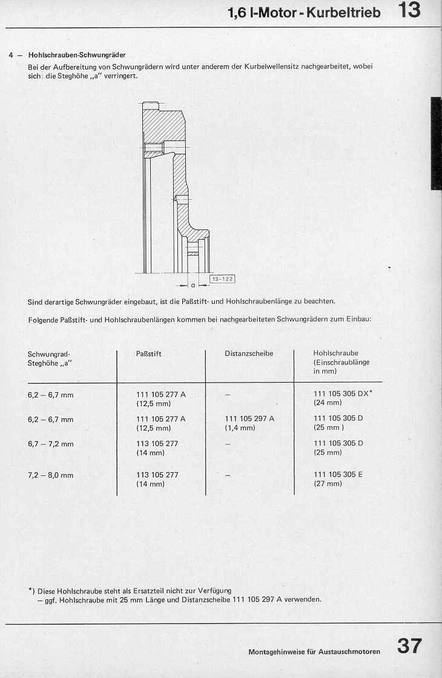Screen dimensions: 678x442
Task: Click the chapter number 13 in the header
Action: click(409, 11)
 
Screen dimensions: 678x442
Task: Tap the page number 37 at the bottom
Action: click(409, 646)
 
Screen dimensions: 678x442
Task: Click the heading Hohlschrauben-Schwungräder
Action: click(77, 55)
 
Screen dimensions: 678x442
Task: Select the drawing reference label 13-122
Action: click(222, 278)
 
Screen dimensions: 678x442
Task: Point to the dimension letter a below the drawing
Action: click(192, 284)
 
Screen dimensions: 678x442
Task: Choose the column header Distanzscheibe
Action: click(249, 354)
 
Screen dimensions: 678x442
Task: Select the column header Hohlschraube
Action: click(335, 353)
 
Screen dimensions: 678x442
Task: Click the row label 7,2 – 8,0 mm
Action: click(51, 475)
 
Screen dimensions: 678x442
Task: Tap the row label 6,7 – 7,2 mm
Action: click(51, 444)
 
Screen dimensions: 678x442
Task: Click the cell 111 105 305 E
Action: click(338, 475)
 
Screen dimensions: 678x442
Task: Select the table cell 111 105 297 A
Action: click(249, 418)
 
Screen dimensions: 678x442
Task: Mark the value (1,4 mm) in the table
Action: click(240, 428)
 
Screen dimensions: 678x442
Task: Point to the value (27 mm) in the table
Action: click(328, 484)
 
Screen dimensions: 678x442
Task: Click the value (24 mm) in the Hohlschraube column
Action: click(328, 403)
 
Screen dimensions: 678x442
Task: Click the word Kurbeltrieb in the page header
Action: click(343, 12)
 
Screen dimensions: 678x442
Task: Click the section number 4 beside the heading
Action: click(12, 55)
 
